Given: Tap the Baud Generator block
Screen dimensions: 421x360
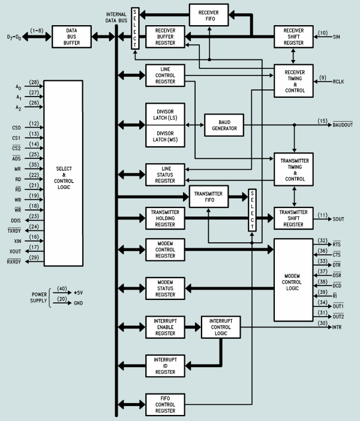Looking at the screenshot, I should [221, 124].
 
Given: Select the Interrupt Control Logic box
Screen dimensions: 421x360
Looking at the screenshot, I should [220, 328].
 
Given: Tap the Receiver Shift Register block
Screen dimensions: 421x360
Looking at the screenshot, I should [293, 36].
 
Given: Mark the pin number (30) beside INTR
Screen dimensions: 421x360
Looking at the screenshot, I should [323, 324].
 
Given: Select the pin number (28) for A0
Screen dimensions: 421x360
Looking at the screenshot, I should [34, 83].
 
